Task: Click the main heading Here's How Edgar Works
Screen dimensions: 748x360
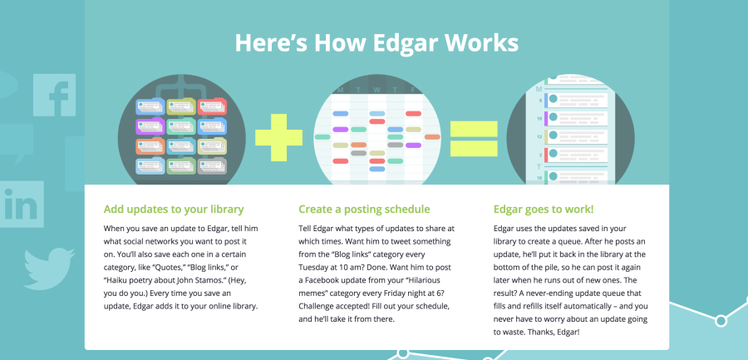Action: [x=376, y=42]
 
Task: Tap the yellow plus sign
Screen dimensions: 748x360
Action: [x=278, y=137]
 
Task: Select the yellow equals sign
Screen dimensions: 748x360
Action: [x=474, y=139]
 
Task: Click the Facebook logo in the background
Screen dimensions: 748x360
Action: [x=54, y=95]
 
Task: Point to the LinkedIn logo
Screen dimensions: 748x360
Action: [x=21, y=205]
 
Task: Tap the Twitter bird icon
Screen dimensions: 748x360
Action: [x=49, y=269]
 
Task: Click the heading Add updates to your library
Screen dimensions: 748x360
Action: [x=174, y=210]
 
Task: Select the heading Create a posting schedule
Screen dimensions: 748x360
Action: [x=364, y=210]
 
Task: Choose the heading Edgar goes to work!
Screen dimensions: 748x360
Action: [x=544, y=210]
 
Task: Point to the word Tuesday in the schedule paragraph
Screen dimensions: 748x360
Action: [x=313, y=267]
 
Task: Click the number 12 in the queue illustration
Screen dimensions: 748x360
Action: [x=539, y=137]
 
